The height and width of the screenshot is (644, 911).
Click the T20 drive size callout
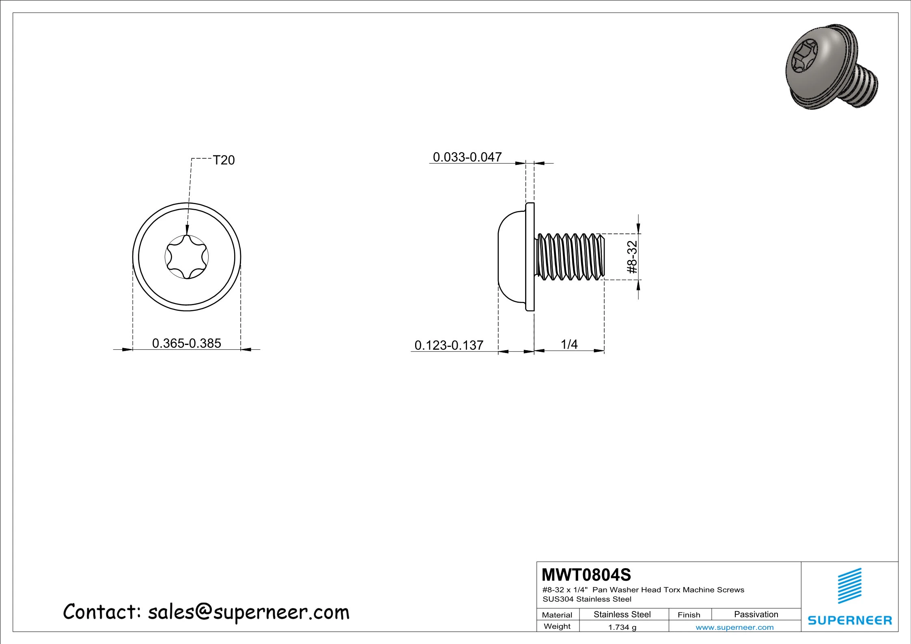[224, 160]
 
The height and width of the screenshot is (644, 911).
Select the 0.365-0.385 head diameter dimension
[187, 343]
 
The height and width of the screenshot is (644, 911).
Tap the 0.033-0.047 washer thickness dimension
[467, 157]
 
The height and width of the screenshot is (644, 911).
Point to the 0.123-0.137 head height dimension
[449, 345]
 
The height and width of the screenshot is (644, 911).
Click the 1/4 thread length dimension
[569, 344]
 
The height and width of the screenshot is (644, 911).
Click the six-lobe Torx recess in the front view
[187, 257]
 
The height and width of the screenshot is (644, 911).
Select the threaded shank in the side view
[570, 257]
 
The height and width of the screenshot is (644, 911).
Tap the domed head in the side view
[512, 257]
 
